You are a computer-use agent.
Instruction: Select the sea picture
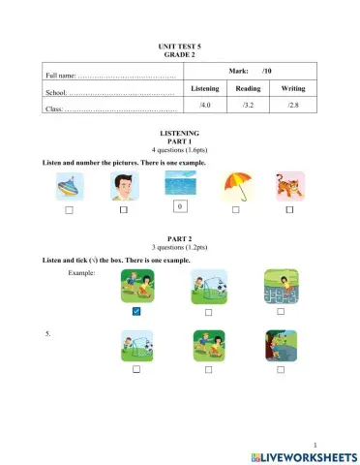coord(179,184)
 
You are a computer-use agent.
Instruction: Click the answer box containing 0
coord(179,206)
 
